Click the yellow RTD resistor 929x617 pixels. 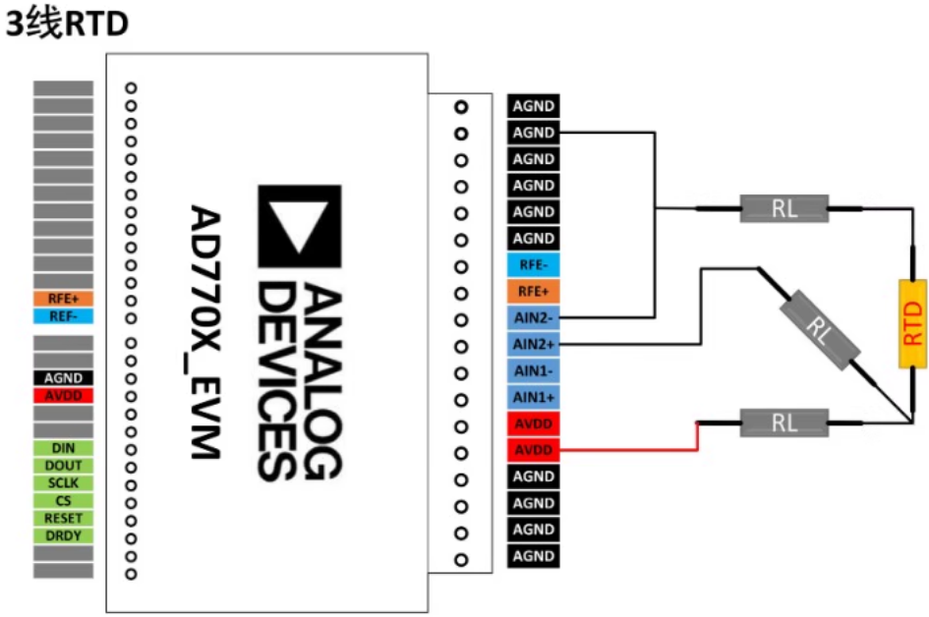pyautogui.click(x=913, y=323)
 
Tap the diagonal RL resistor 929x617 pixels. pyautogui.click(x=819, y=332)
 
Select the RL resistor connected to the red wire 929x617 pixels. pyautogui.click(x=784, y=422)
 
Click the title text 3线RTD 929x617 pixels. pyautogui.click(x=67, y=26)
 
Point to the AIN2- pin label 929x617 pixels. pyautogui.click(x=534, y=317)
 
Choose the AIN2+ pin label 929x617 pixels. pyautogui.click(x=534, y=344)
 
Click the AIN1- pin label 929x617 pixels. pyautogui.click(x=534, y=370)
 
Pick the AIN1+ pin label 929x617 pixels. pyautogui.click(x=534, y=397)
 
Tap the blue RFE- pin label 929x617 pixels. pyautogui.click(x=534, y=264)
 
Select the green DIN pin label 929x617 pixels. pyautogui.click(x=64, y=448)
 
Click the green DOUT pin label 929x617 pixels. pyautogui.click(x=64, y=466)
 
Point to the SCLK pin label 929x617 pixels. pyautogui.click(x=64, y=483)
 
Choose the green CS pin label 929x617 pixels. pyautogui.click(x=64, y=501)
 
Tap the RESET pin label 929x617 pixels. pyautogui.click(x=64, y=519)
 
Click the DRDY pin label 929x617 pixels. pyautogui.click(x=64, y=536)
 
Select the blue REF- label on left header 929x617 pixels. pyautogui.click(x=64, y=316)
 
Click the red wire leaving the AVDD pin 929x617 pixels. pyautogui.click(x=629, y=450)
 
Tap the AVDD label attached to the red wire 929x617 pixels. pyautogui.click(x=534, y=450)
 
